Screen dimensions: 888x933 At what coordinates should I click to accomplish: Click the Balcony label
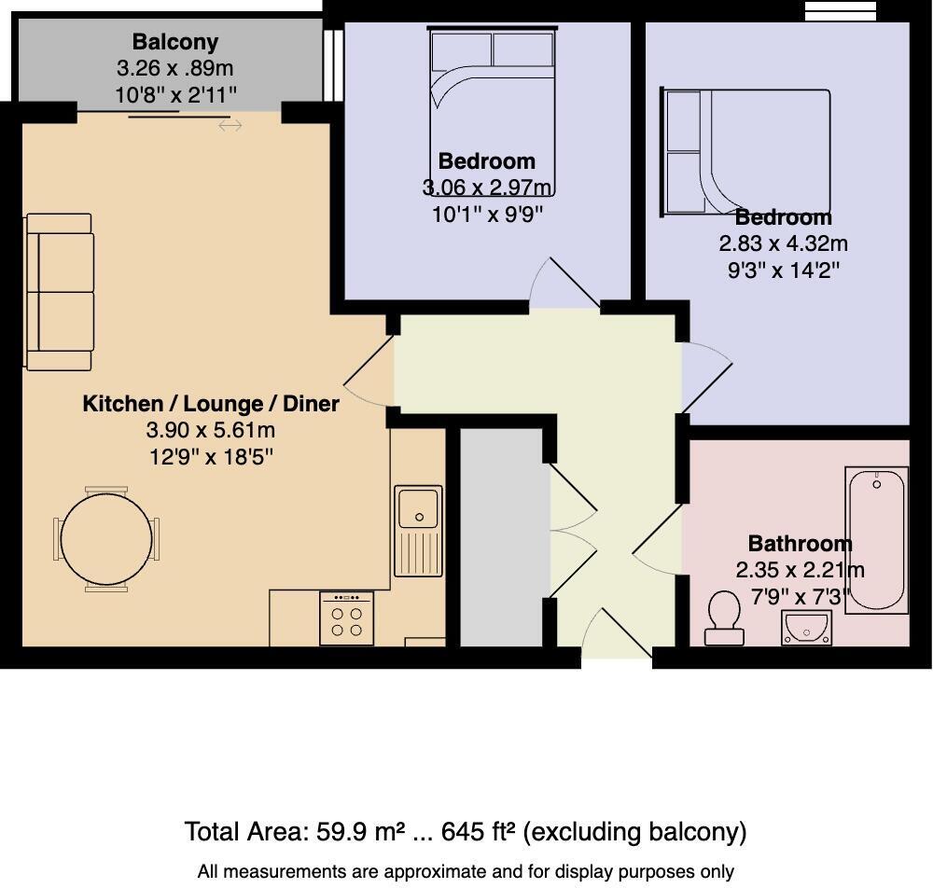pos(174,42)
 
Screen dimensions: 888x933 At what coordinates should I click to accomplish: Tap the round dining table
pos(105,539)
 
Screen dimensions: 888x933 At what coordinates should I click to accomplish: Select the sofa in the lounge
pos(61,292)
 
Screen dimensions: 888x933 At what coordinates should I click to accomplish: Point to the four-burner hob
pos(346,618)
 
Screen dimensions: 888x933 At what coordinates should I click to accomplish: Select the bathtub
pos(876,540)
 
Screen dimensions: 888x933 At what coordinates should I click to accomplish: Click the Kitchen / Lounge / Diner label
pos(211,404)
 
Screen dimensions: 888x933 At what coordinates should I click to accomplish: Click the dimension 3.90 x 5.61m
pos(211,430)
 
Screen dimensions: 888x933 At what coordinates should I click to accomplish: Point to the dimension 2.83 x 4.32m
pos(783,243)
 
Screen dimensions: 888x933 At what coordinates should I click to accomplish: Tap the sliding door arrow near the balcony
pos(230,125)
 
